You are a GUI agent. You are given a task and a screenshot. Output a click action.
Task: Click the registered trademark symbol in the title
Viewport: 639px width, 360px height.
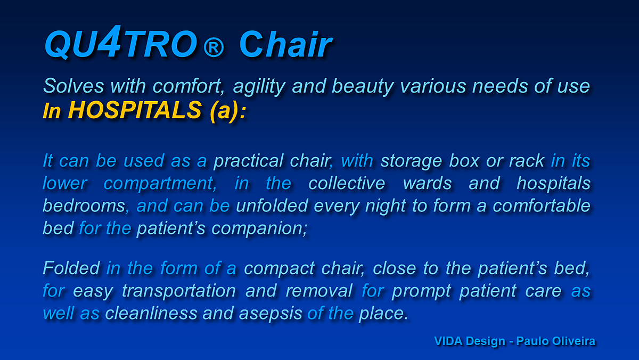[214, 47]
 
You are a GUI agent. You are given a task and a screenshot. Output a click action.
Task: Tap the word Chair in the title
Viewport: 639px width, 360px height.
[285, 45]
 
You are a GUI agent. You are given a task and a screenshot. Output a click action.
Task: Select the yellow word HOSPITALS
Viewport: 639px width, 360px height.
[135, 110]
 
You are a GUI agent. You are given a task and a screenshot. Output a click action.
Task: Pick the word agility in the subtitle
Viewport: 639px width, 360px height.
[259, 87]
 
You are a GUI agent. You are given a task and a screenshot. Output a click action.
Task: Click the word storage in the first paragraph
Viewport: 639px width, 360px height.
[411, 161]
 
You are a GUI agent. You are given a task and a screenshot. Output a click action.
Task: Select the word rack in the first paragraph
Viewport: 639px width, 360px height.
[527, 161]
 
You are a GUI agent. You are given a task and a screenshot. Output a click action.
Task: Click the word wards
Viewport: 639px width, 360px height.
[427, 183]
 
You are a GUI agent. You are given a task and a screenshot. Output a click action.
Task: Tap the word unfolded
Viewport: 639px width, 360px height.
[272, 206]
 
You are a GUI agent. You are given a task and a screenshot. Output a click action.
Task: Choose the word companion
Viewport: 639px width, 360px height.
[259, 229]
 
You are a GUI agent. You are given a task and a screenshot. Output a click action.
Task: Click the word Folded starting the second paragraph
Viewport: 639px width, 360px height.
[71, 268]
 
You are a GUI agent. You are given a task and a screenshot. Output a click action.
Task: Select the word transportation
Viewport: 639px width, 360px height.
[179, 291]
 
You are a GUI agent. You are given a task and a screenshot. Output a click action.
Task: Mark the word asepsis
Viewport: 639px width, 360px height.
[271, 314]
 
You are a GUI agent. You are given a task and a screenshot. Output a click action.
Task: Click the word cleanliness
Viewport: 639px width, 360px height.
[151, 313]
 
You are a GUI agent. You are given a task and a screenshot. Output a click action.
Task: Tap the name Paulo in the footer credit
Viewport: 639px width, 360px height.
[532, 341]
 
